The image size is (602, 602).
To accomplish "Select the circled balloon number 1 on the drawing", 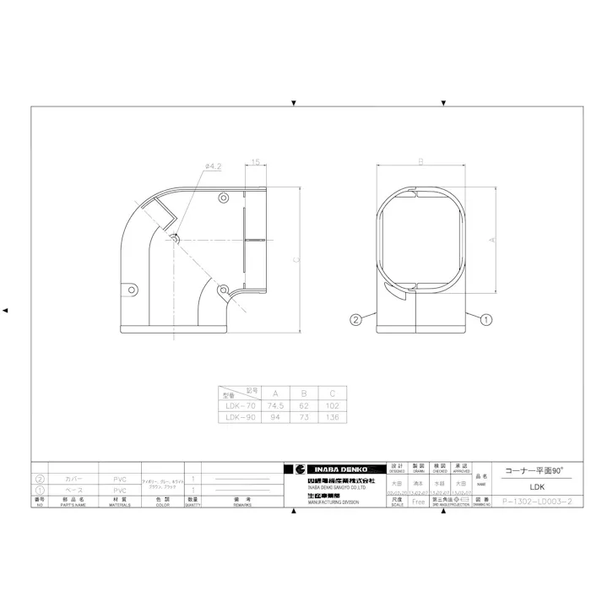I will pos(486,319).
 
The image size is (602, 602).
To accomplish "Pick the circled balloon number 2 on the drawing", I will pos(356,319).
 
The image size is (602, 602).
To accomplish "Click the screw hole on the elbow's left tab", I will pos(132,289).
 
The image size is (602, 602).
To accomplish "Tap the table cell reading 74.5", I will pos(275,404).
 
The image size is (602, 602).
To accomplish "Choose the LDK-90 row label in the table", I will pos(239,415).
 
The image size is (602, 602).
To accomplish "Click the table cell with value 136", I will pos(333,415).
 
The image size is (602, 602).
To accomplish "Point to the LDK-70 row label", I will pos(239,404).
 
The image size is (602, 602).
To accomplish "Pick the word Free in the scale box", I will pos(418,501).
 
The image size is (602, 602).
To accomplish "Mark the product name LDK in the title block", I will pos(535,486).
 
